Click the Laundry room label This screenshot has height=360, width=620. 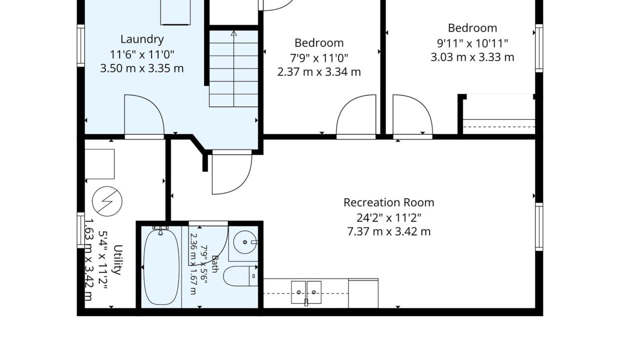pyautogui.click(x=142, y=39)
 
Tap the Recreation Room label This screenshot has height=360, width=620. pyautogui.click(x=389, y=202)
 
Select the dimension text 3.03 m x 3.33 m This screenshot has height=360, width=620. pyautogui.click(x=472, y=57)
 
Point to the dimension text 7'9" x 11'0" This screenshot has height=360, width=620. pyautogui.click(x=319, y=58)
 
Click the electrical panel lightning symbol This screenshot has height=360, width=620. pyautogui.click(x=107, y=201)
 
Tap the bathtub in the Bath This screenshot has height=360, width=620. pyautogui.click(x=161, y=267)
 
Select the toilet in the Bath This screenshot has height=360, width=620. pyautogui.click(x=240, y=276)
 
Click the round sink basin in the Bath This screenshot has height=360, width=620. pyautogui.click(x=244, y=242)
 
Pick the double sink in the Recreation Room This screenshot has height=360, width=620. pyautogui.click(x=306, y=292)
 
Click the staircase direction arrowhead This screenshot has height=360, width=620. pyautogui.click(x=234, y=33)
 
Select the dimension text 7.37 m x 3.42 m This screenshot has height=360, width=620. pyautogui.click(x=389, y=231)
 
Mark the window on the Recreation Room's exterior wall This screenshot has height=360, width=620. pyautogui.click(x=539, y=227)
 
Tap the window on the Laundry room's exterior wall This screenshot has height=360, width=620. pyautogui.click(x=81, y=45)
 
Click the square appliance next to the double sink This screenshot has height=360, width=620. pyautogui.click(x=363, y=293)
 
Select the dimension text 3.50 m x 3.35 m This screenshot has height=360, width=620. pyautogui.click(x=142, y=68)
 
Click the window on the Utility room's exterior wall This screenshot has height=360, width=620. pyautogui.click(x=81, y=230)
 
